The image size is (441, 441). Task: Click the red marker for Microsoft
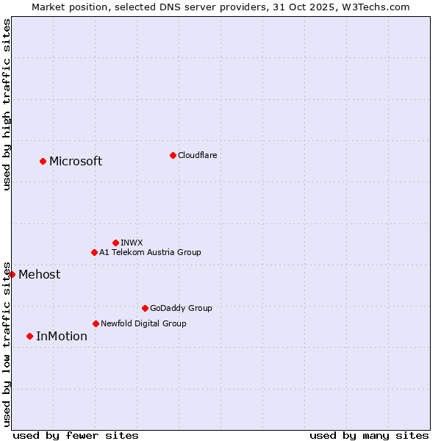click(43, 161)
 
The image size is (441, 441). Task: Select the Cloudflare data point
click(173, 155)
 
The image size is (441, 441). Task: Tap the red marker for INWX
click(115, 243)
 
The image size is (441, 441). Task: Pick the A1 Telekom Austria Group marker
click(94, 252)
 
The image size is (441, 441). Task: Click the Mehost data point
click(12, 274)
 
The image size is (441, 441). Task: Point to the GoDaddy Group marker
click(145, 308)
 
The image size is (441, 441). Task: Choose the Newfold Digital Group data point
click(96, 323)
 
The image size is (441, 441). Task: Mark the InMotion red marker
click(29, 336)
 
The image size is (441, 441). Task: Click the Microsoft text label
click(76, 162)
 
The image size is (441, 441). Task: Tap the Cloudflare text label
click(198, 155)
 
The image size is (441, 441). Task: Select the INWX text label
click(132, 243)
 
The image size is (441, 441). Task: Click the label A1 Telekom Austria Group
click(150, 252)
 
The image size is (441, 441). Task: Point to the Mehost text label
click(40, 275)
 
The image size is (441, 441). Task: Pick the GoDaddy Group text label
click(181, 308)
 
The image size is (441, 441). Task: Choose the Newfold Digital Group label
click(143, 323)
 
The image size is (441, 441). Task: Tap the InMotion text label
click(62, 337)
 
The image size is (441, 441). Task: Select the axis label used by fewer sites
click(76, 435)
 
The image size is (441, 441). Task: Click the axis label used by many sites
click(369, 435)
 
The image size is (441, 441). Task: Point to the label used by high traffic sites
click(7, 104)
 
